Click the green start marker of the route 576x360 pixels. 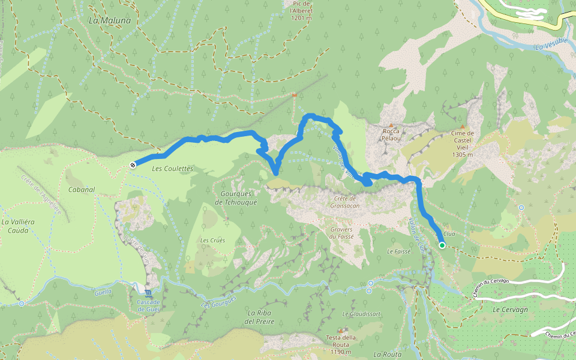(442, 245)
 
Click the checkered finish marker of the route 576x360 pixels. (133, 164)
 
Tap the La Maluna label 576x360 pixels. (109, 20)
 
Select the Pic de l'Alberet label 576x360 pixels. (301, 11)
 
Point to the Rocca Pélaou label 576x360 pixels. (391, 134)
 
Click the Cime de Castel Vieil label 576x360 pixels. (463, 143)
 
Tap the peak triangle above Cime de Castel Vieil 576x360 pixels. (463, 126)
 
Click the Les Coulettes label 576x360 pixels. (172, 169)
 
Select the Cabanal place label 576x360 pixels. (82, 190)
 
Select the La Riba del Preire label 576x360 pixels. (260, 317)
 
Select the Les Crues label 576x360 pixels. (212, 241)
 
